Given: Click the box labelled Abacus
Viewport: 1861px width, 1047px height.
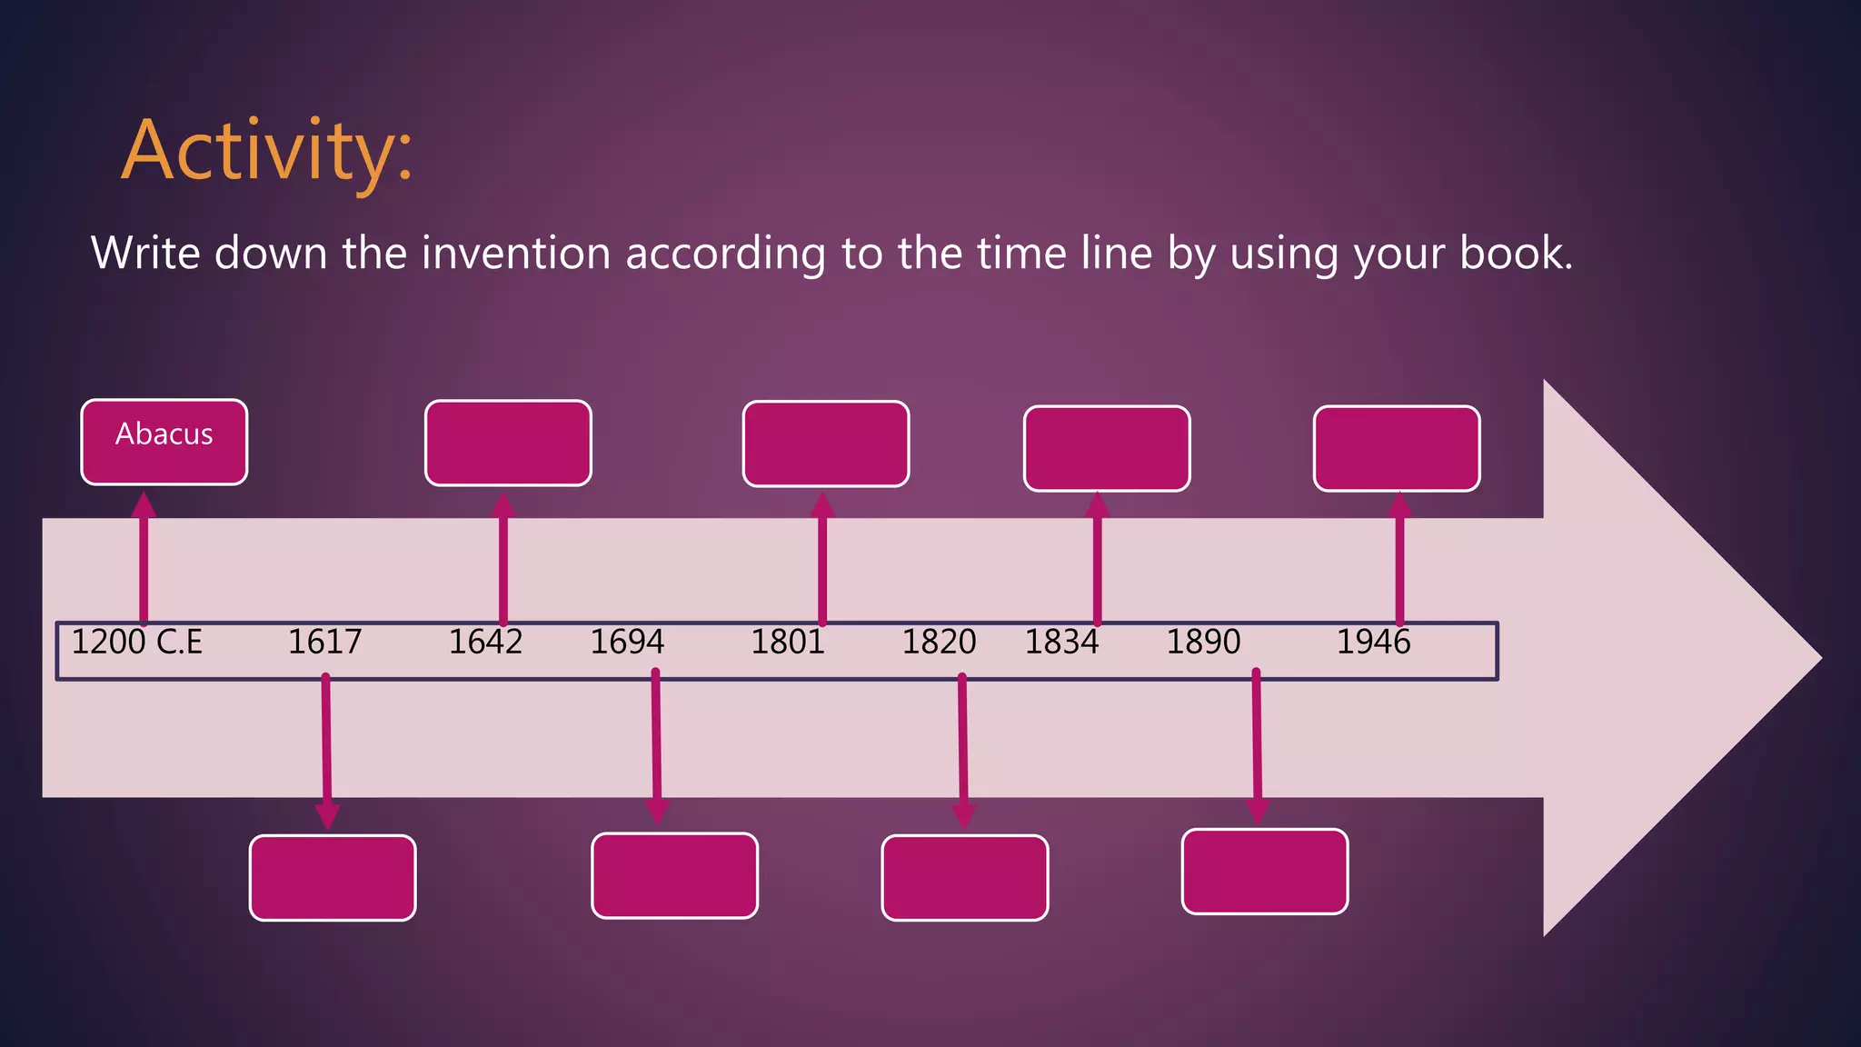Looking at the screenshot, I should (x=164, y=442).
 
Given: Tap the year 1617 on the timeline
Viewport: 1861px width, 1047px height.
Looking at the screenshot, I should (x=324, y=643).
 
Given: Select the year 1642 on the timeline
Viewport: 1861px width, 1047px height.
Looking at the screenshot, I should (x=485, y=643).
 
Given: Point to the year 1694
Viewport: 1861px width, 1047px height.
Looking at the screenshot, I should (x=627, y=643).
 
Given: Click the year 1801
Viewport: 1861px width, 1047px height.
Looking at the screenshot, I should (x=787, y=643).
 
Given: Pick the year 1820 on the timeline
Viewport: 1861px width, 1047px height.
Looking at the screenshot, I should (x=939, y=643).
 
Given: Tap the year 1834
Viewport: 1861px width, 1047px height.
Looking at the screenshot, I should (x=1061, y=643).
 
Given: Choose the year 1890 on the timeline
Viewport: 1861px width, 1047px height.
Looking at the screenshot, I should (x=1203, y=643).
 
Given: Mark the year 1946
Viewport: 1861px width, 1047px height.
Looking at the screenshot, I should (x=1373, y=643).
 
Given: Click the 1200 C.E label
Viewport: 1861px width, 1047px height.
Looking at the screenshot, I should (x=136, y=643).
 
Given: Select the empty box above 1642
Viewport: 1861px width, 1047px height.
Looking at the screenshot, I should (x=508, y=443).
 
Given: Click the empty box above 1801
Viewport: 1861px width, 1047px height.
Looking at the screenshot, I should (x=825, y=444).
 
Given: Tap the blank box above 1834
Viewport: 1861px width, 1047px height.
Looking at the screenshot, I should (x=1107, y=448).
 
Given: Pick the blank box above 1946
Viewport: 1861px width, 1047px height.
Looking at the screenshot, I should (x=1397, y=448).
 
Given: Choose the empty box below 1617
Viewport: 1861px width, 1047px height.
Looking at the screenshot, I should (x=333, y=878).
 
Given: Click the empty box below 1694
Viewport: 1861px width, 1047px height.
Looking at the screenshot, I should (x=674, y=875).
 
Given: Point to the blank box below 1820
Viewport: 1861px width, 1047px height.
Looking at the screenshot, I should (x=965, y=878).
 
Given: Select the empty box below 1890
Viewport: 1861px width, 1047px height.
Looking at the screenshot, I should (x=1265, y=872).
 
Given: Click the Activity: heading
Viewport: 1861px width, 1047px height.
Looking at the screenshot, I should (x=267, y=151).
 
